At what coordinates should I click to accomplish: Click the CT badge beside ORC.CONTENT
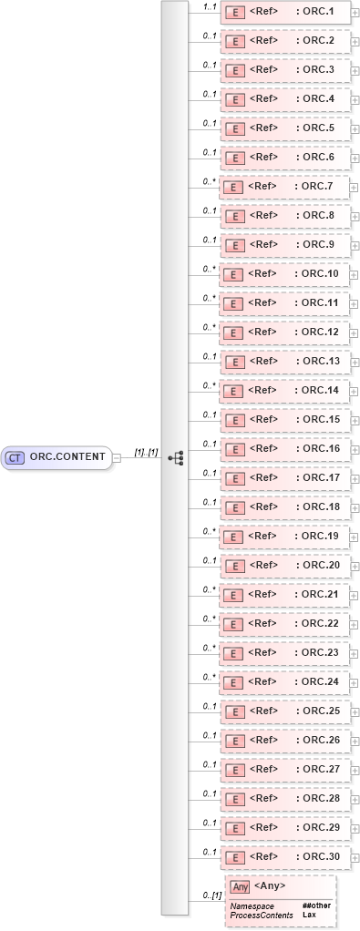(15, 456)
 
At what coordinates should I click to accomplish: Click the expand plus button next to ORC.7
(355, 188)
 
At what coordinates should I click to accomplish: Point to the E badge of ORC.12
(232, 332)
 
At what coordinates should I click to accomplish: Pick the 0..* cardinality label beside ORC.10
(209, 269)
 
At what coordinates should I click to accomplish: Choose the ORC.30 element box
(284, 857)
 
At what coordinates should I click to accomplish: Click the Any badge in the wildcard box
(240, 886)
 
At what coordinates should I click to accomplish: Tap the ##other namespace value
(316, 905)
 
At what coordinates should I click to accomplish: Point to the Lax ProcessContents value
(310, 914)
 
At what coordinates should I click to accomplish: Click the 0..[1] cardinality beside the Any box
(212, 895)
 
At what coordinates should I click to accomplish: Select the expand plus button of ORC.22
(355, 625)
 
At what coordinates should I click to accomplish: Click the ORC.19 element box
(284, 537)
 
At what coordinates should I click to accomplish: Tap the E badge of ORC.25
(232, 711)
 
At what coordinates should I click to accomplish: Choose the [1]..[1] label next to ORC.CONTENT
(146, 451)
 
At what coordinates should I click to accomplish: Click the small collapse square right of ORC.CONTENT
(116, 457)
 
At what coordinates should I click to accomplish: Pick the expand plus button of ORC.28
(355, 800)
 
